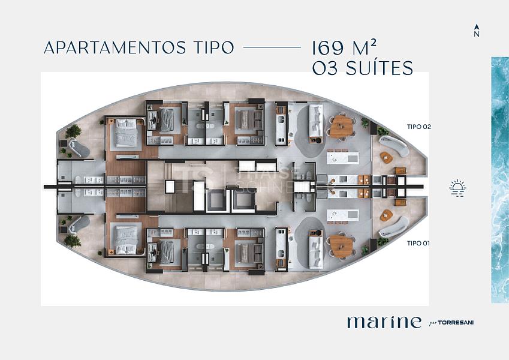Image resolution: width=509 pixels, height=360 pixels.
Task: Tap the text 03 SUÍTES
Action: pos(363,68)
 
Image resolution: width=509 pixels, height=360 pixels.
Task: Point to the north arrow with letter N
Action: pos(477,31)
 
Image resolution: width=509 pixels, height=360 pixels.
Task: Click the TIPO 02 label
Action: pos(419,127)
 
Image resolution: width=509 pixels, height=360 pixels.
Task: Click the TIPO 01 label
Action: pos(419,243)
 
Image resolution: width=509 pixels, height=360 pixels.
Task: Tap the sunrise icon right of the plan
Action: pos(458,188)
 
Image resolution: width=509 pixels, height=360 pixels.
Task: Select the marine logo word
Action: pos(384,322)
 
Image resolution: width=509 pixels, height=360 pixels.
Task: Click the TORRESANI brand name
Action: pos(457,323)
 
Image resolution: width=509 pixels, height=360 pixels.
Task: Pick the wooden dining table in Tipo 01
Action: pos(341,244)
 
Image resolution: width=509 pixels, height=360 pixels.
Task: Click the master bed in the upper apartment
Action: pos(127,131)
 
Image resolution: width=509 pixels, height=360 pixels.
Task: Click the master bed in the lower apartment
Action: pos(127,242)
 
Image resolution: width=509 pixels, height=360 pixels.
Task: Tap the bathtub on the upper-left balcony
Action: pos(78,148)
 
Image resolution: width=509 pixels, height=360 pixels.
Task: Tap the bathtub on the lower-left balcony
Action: pos(78,225)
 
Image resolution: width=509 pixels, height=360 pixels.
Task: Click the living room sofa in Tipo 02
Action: pos(314,120)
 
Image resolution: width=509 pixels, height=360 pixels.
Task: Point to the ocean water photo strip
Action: pos(499,180)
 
